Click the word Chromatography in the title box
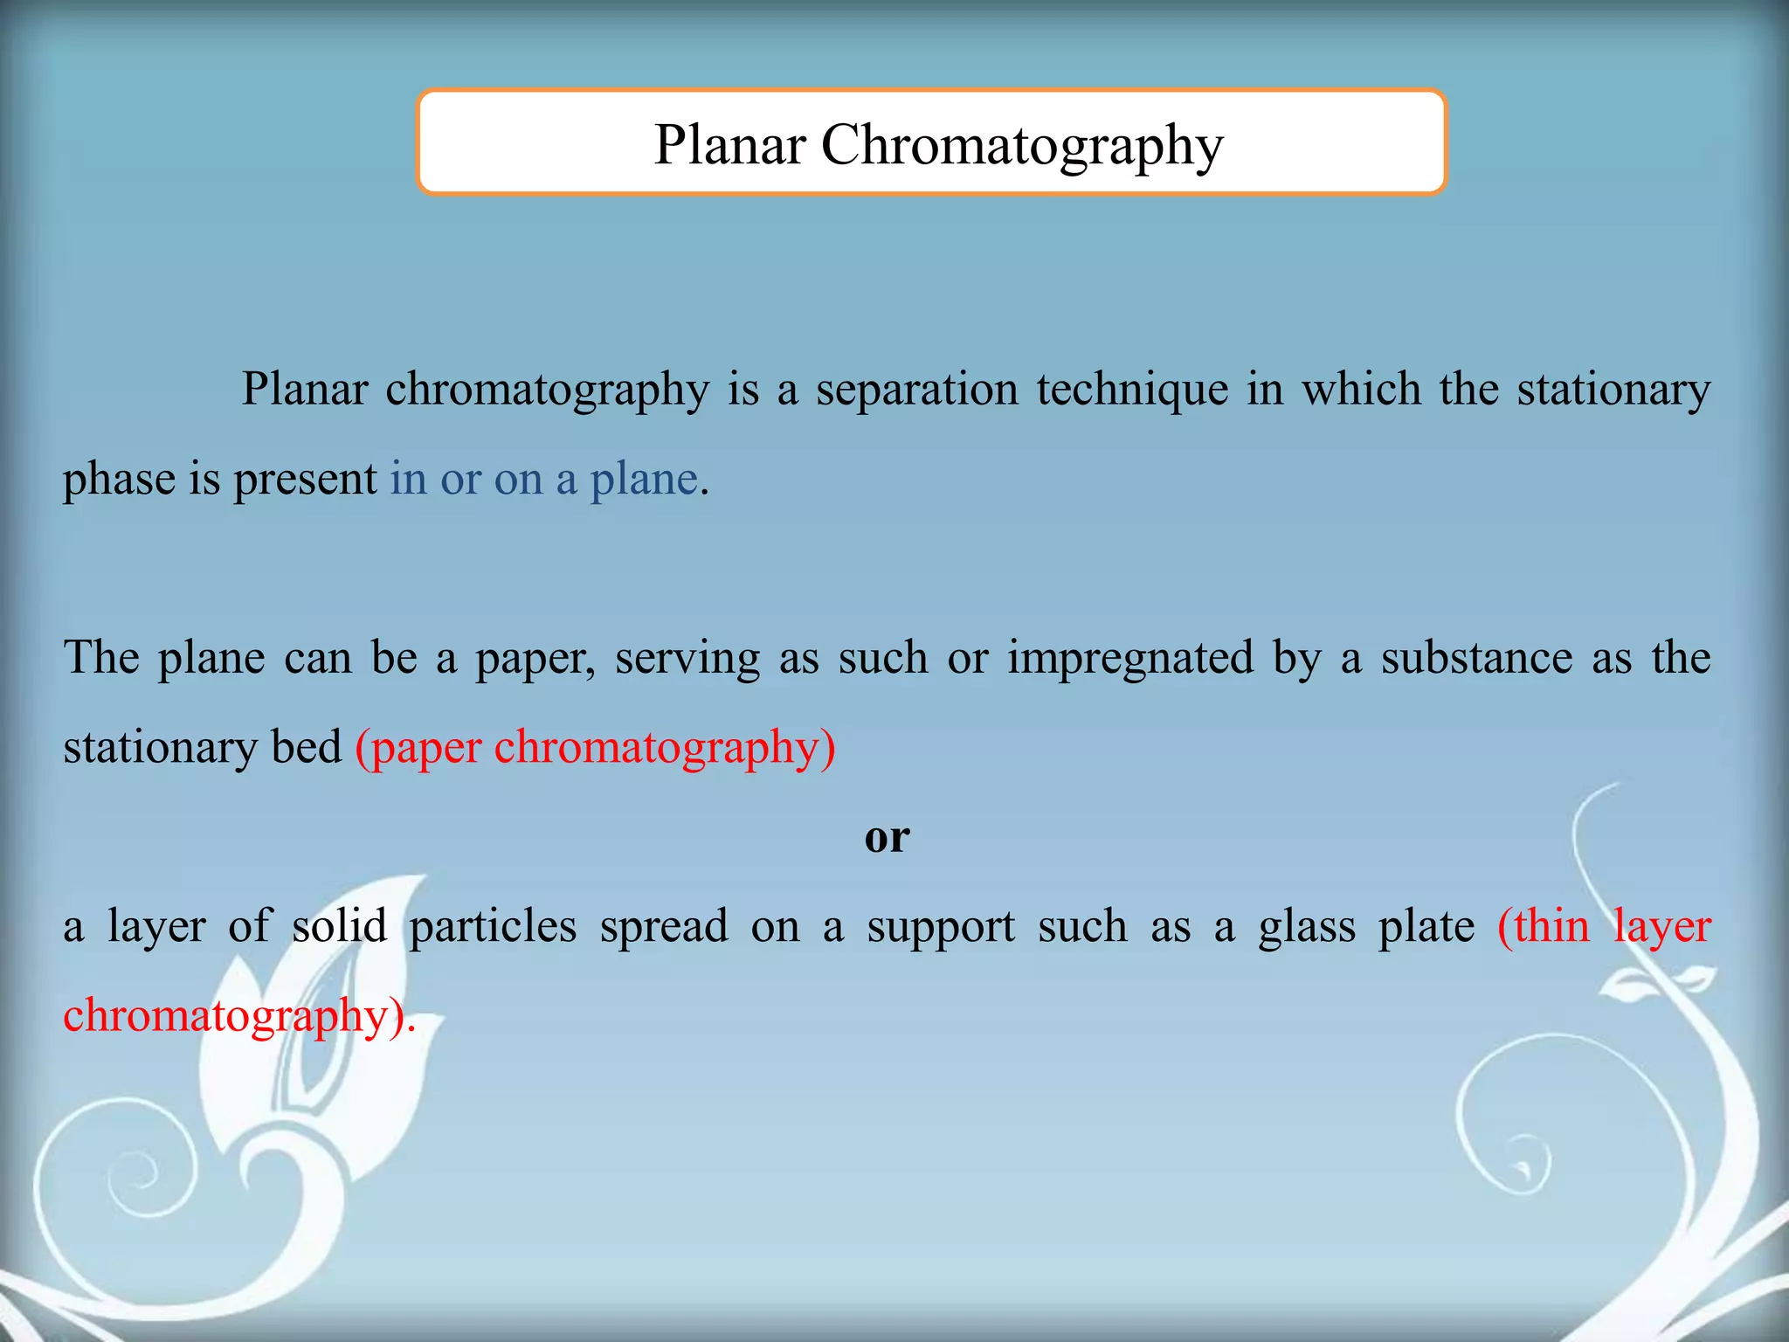click(1022, 145)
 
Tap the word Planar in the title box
click(729, 145)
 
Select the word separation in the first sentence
click(917, 390)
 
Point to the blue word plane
click(644, 480)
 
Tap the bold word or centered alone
click(887, 837)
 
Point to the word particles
click(493, 927)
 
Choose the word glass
click(1307, 927)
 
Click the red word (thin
click(1543, 926)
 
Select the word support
click(941, 928)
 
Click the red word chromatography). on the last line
click(238, 1017)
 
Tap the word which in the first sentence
click(1362, 389)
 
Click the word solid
click(339, 926)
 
